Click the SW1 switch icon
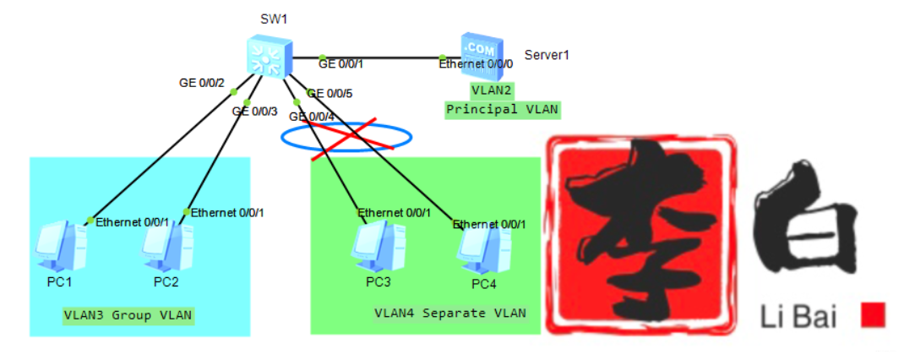pos(270,57)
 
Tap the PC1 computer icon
pos(62,246)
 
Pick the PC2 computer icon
pos(165,246)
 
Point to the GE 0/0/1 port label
pos(340,63)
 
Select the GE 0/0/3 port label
pos(255,111)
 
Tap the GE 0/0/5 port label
pos(329,94)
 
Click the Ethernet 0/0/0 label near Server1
pos(476,63)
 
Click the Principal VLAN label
pos(502,109)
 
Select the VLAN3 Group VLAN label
pos(128,315)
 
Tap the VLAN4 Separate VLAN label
pos(450,314)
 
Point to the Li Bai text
pos(798,318)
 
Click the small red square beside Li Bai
pos(873,315)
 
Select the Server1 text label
pos(547,55)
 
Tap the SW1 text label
pos(274,19)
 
